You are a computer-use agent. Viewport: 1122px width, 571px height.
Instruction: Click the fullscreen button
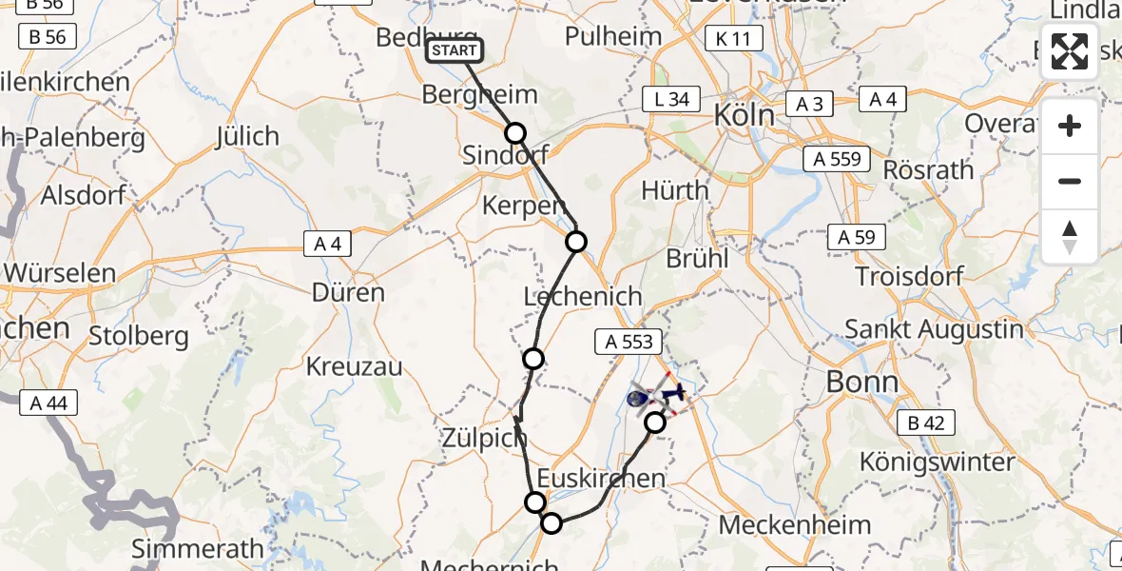pos(1070,51)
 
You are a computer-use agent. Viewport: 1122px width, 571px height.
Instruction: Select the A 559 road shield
pos(836,159)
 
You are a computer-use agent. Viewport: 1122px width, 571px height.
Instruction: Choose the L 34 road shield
pos(671,99)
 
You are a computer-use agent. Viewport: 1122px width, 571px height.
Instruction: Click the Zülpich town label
pos(484,439)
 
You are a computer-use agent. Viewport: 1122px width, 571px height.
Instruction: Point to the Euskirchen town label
pos(601,478)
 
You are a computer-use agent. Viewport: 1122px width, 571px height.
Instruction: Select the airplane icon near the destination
pos(675,391)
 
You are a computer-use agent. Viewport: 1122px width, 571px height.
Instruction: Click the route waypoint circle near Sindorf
pos(514,133)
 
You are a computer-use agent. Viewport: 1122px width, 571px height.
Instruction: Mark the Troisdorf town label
pos(909,277)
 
